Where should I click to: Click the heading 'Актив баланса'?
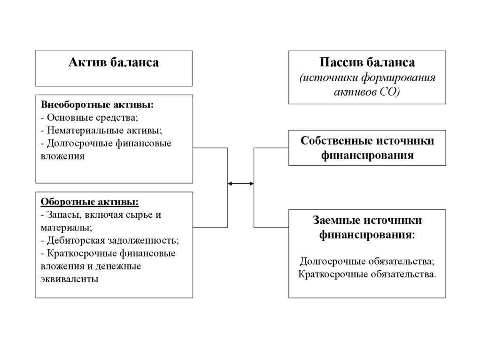pyautogui.click(x=114, y=62)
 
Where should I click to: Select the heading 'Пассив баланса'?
pyautogui.click(x=367, y=62)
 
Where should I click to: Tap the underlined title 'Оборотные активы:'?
pyautogui.click(x=90, y=202)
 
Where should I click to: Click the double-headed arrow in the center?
pyautogui.click(x=240, y=184)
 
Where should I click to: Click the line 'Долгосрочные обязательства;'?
pyautogui.click(x=367, y=260)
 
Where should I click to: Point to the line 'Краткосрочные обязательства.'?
pyautogui.click(x=367, y=274)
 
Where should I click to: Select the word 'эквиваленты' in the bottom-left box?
pyautogui.click(x=70, y=279)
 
